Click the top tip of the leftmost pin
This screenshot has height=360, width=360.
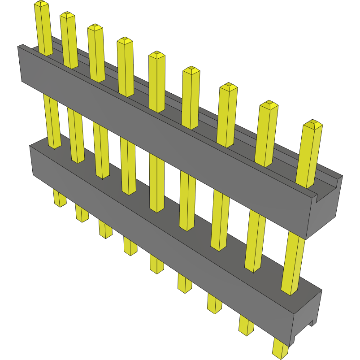point(41,4)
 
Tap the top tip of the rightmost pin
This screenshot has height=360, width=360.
point(313,123)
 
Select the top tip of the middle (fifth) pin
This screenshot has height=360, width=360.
point(156,55)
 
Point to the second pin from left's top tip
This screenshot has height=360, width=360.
point(67,15)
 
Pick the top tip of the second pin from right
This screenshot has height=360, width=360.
point(269,104)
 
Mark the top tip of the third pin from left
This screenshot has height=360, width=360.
point(95,28)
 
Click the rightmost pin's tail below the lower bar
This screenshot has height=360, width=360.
point(281,348)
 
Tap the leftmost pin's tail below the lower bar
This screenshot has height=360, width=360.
point(59,198)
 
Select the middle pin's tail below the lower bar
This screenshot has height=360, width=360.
point(156,264)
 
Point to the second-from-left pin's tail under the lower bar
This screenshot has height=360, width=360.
point(82,213)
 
